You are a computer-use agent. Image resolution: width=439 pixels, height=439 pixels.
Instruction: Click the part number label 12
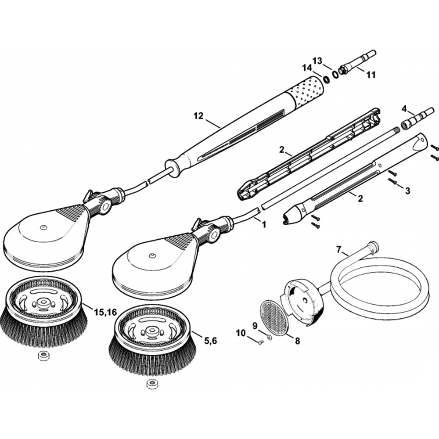(x=198, y=116)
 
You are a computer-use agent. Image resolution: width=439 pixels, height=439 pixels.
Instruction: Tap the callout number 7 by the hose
(x=338, y=249)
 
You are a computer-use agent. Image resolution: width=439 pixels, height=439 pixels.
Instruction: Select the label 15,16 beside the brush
(x=105, y=312)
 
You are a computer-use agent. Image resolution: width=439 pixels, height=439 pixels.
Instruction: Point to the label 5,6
(x=211, y=339)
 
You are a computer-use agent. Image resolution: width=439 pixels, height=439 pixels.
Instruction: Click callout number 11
(x=371, y=75)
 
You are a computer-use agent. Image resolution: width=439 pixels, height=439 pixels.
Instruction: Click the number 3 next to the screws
(x=407, y=191)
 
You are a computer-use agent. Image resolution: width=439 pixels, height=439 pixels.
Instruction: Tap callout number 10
(x=241, y=333)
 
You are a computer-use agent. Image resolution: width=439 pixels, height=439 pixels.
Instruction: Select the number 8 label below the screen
(x=297, y=341)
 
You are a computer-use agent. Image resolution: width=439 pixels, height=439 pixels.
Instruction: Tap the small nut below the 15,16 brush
(x=43, y=356)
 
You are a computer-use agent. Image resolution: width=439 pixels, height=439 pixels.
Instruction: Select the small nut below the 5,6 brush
(x=152, y=384)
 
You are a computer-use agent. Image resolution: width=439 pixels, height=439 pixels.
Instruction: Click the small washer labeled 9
(x=270, y=337)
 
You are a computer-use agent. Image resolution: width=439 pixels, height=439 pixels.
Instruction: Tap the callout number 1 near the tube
(x=264, y=224)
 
